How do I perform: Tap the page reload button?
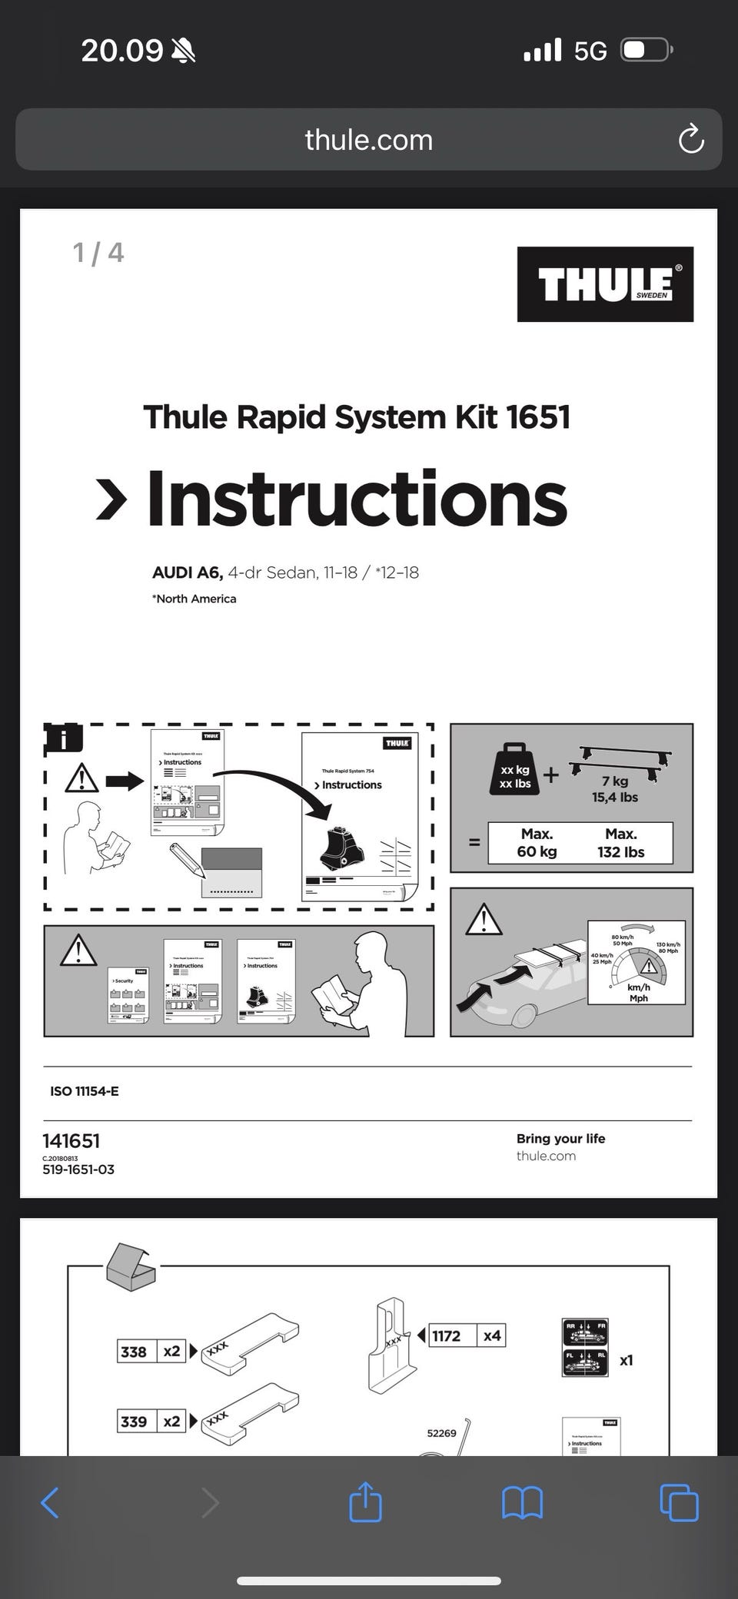[690, 139]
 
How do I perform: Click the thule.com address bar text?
[368, 140]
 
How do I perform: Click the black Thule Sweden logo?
[605, 284]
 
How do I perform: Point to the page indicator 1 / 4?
[98, 253]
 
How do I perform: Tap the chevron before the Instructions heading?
[111, 500]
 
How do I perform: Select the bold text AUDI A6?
[187, 572]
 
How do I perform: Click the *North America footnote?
[194, 599]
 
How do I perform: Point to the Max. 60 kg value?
[537, 843]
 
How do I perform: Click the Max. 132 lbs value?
[620, 843]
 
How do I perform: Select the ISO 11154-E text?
[85, 1091]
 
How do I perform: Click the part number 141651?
[71, 1141]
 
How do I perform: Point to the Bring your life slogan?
[560, 1139]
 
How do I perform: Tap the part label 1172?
[447, 1335]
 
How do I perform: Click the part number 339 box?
[134, 1422]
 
